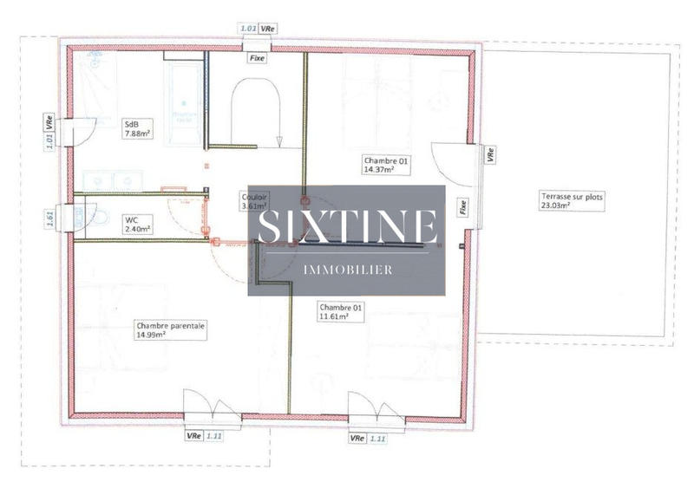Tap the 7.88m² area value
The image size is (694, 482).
138,134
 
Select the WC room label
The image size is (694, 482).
132,220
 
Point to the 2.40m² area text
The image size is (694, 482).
138,230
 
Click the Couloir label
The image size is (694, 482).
254,197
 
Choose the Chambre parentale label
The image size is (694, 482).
170,326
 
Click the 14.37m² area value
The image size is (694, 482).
379,170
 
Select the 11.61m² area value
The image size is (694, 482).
334,317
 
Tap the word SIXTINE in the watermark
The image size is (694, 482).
347,226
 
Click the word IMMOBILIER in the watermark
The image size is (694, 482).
347,270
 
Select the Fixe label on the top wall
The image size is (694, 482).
257,58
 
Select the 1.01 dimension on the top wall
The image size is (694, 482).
247,29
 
